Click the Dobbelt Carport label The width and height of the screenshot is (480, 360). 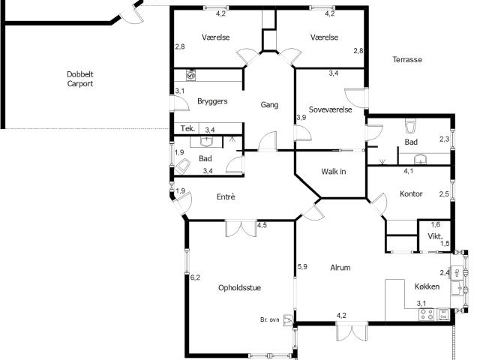[x=80, y=79]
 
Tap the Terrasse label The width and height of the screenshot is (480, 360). [x=407, y=59]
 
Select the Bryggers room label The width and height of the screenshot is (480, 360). [x=212, y=101]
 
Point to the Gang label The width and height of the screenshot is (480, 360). [x=269, y=105]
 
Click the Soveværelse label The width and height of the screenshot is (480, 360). [x=330, y=109]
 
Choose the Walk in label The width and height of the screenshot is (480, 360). [x=334, y=172]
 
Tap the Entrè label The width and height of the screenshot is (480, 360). [x=226, y=196]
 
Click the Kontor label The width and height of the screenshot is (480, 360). [x=411, y=193]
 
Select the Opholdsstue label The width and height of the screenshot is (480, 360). [x=240, y=288]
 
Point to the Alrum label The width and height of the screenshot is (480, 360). [x=340, y=268]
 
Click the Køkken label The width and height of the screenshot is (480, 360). [x=427, y=286]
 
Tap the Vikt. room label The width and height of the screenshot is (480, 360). [x=435, y=236]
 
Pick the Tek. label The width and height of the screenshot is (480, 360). [x=187, y=128]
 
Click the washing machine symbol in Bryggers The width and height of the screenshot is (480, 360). [x=191, y=75]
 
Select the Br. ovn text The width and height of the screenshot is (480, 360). [x=270, y=319]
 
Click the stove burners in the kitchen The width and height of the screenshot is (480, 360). [x=427, y=314]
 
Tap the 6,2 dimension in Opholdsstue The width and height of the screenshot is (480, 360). [x=195, y=277]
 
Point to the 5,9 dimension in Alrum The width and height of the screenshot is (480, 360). [x=302, y=267]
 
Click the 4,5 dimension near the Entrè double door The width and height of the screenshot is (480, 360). [x=262, y=225]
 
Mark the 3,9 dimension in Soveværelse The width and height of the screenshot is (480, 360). [x=301, y=117]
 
